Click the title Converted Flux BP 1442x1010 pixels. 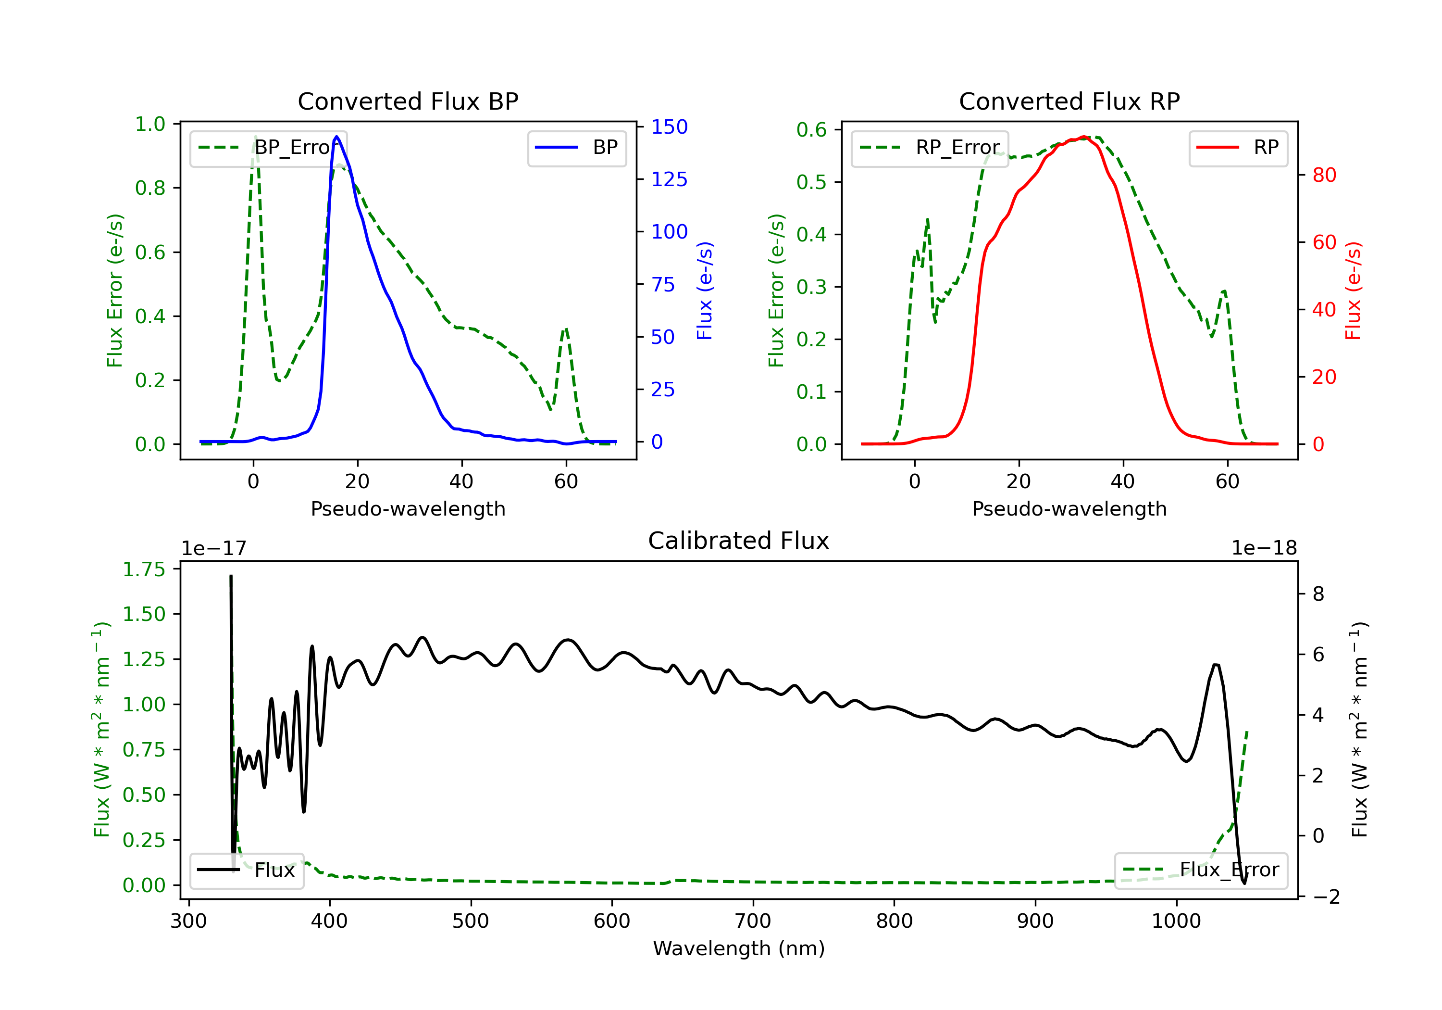(x=408, y=101)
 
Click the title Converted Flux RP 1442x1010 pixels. (x=1069, y=101)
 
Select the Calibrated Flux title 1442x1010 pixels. (x=739, y=541)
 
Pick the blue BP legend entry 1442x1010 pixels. (x=576, y=148)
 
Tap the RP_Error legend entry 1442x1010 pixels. (x=930, y=148)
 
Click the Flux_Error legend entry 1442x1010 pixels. (x=1201, y=870)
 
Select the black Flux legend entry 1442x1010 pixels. (x=246, y=870)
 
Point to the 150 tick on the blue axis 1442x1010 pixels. (x=670, y=127)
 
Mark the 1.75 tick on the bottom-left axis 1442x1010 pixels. (x=144, y=569)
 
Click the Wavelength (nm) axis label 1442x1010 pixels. (x=739, y=948)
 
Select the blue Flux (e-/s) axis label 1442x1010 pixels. (x=705, y=290)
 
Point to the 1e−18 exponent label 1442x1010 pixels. (x=1264, y=548)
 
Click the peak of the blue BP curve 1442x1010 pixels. (x=336, y=137)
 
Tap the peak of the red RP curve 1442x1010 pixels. (x=1084, y=137)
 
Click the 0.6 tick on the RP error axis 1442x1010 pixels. (x=811, y=130)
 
